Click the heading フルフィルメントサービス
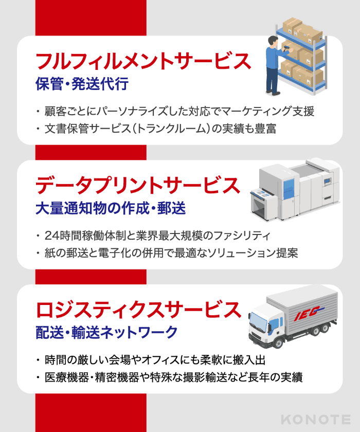coord(143,61)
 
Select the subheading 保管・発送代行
coord(82,84)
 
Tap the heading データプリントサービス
coord(138,185)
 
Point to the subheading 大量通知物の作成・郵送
coord(111,208)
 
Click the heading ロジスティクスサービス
coord(138,310)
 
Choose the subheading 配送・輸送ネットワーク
coord(106,332)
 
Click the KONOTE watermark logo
coord(316,420)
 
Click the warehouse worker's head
coord(274,41)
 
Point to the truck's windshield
coord(258,320)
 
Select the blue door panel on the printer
coord(288,186)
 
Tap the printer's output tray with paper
coord(262,192)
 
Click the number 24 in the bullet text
coord(52,236)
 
